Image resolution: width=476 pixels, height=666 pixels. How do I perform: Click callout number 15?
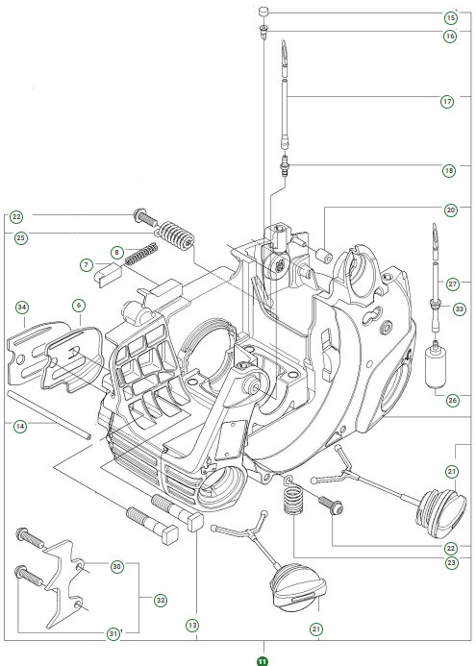point(450,17)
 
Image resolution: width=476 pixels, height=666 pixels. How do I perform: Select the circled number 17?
point(448,100)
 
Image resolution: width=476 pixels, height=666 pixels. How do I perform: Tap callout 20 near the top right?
point(450,209)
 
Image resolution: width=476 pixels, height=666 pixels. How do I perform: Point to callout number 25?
point(20,236)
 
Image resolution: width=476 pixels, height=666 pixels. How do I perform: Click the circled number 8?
point(116,252)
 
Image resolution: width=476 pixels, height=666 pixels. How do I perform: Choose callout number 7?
point(85,264)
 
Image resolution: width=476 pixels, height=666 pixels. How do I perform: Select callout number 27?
point(451,283)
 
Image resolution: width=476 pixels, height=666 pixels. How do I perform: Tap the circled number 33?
point(459,308)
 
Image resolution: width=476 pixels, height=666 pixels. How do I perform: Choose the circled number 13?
point(192,626)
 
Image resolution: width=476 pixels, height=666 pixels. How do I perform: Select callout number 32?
point(160,600)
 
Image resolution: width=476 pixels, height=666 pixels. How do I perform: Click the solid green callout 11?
point(262,658)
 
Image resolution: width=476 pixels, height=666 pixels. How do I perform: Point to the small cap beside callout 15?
point(262,12)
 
